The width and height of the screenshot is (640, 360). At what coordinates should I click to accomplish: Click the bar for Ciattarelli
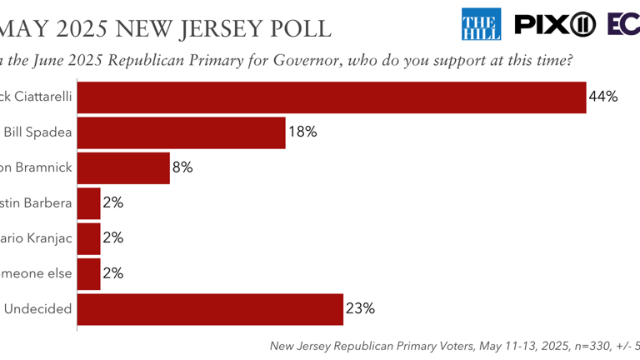click(x=332, y=97)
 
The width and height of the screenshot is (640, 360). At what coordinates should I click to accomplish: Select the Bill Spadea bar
click(x=182, y=132)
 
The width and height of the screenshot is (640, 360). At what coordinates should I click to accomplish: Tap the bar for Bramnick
click(x=123, y=167)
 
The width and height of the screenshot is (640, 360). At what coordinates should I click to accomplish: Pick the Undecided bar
click(x=210, y=308)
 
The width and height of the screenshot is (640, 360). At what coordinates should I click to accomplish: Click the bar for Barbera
click(x=89, y=202)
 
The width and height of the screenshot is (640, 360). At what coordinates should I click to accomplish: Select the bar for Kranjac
click(x=89, y=237)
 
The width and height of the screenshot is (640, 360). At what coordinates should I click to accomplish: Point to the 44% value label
click(x=602, y=97)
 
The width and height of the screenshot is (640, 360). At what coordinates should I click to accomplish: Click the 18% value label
click(x=302, y=132)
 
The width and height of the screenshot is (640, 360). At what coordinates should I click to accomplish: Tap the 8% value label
click(x=183, y=167)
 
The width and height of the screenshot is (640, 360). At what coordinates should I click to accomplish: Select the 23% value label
click(x=360, y=308)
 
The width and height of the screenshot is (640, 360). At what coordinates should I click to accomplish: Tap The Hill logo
click(x=482, y=23)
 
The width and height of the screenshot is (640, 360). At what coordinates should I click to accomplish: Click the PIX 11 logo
click(x=555, y=23)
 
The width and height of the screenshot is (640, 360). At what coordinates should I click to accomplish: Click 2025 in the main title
click(x=92, y=27)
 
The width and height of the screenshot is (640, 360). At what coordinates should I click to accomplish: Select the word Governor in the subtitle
click(x=327, y=62)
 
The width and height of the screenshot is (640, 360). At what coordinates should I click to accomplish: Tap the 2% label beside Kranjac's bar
click(x=113, y=237)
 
